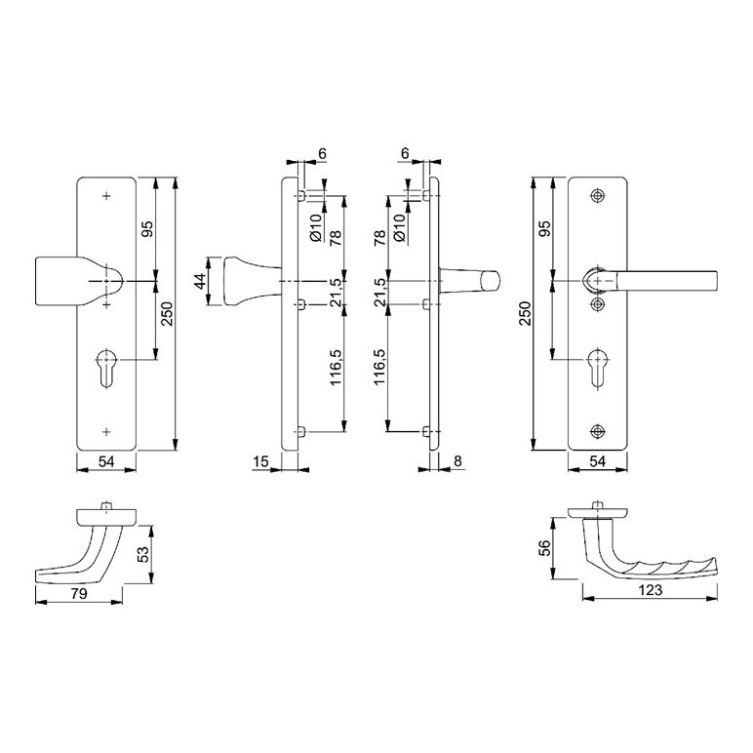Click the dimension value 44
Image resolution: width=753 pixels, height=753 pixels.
click(x=200, y=281)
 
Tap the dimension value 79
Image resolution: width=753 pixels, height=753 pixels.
click(x=79, y=594)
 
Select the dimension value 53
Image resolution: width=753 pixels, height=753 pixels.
click(x=143, y=554)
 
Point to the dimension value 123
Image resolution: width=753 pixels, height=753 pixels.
click(x=651, y=590)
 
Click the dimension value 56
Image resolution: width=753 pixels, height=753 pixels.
click(x=544, y=548)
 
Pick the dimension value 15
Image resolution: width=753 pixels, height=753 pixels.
click(x=260, y=461)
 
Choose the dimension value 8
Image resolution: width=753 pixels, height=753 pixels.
click(x=457, y=461)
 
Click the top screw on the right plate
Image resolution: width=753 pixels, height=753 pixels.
click(x=597, y=196)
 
